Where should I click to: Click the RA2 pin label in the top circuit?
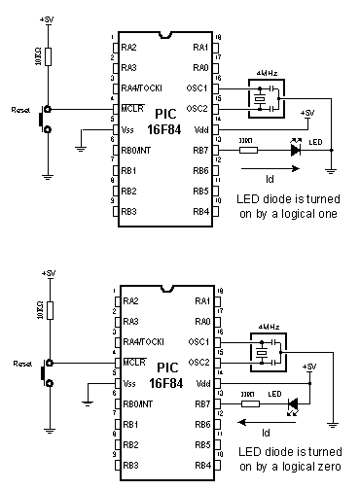tap(129, 47)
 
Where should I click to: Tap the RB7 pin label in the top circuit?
tap(199, 151)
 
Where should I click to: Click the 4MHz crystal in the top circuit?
tap(261, 98)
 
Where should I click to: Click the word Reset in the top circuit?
tap(20, 109)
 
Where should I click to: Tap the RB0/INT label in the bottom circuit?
tap(138, 403)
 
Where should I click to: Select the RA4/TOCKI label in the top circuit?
tap(142, 88)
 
